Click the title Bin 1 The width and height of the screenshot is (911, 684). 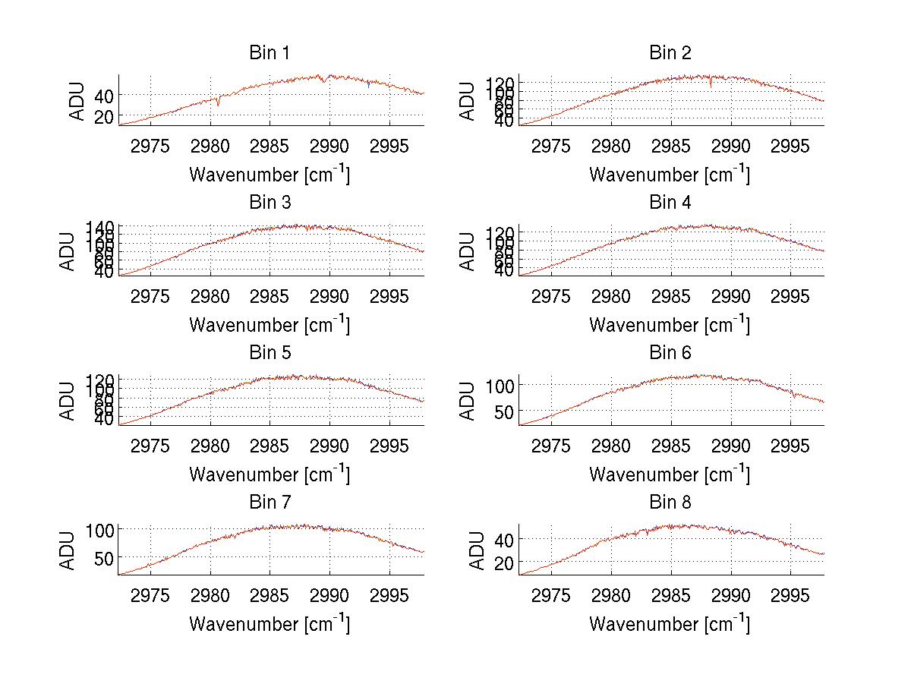point(270,53)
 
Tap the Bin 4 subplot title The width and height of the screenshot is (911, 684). point(670,203)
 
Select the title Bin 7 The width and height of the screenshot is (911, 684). point(270,503)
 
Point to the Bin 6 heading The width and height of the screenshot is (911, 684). point(670,353)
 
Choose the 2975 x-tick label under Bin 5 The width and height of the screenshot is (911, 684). point(150,445)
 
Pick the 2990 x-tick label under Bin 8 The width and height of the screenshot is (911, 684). point(730,594)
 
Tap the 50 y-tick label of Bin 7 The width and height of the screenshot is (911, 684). point(102,557)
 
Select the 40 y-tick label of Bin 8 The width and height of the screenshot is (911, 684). point(503,539)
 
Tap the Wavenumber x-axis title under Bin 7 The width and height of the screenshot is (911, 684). point(270,623)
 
